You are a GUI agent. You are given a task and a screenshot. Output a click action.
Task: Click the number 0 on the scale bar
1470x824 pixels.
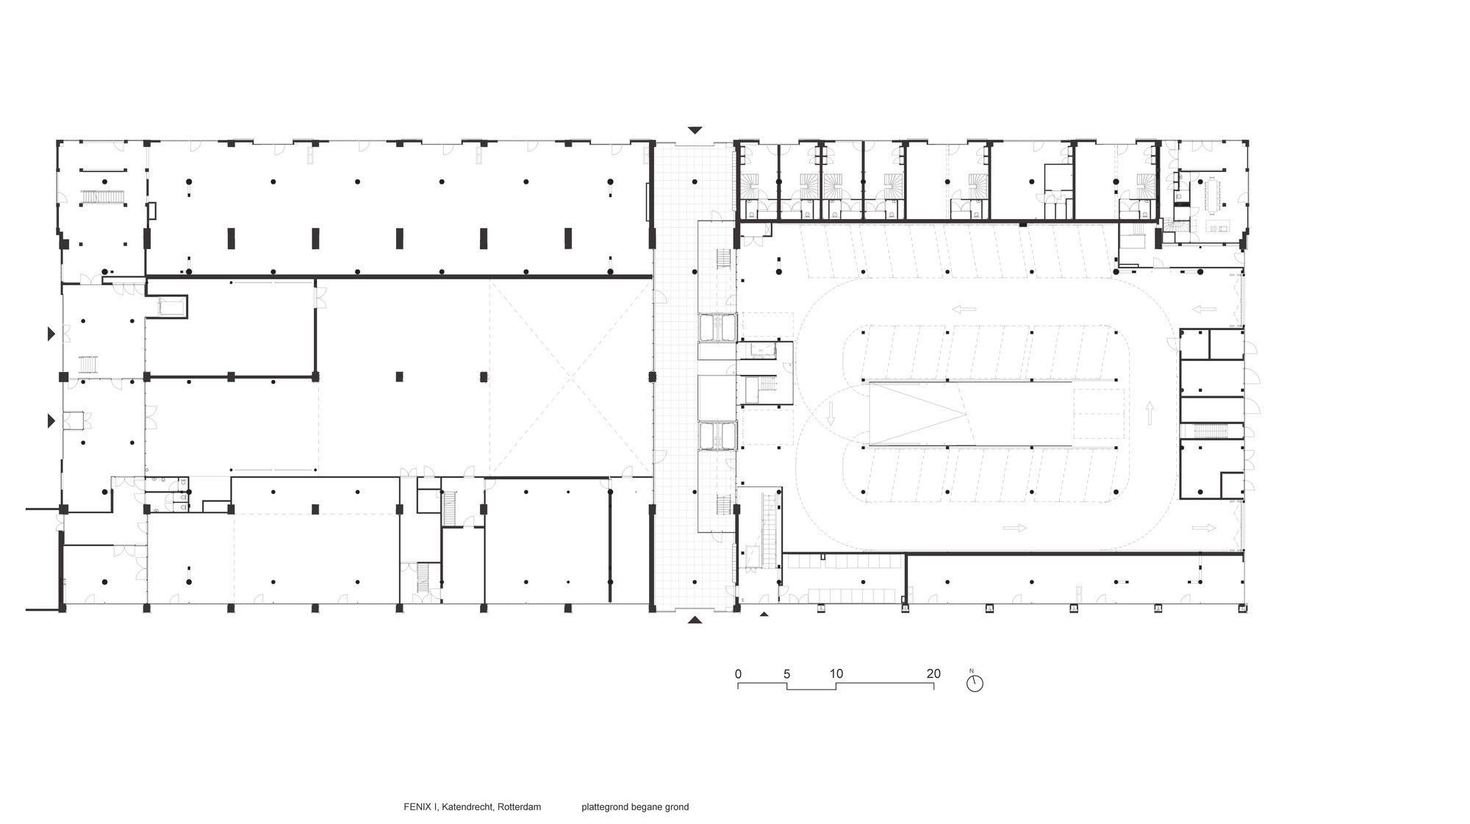[x=738, y=674]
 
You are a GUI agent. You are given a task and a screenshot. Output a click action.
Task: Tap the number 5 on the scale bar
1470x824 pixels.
[x=786, y=674]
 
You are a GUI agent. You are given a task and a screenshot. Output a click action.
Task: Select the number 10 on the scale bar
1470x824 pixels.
[x=836, y=674]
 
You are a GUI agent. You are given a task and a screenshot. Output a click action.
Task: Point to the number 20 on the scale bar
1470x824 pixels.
[x=933, y=674]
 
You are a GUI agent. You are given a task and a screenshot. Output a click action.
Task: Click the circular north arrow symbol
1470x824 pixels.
[x=975, y=683]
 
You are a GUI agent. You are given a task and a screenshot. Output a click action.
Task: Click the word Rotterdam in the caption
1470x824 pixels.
[x=519, y=807]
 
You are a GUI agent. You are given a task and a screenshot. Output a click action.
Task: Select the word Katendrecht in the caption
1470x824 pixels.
[x=467, y=807]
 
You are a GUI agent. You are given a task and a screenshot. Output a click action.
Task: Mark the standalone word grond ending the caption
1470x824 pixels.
[x=678, y=807]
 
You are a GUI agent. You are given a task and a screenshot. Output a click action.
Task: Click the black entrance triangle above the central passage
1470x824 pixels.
[x=695, y=130]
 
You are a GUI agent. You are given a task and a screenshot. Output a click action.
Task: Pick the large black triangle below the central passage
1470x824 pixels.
[x=695, y=620]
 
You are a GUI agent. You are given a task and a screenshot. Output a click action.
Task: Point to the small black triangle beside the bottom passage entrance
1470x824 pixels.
[x=764, y=614]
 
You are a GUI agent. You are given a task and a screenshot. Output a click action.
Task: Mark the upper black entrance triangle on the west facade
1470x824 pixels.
[x=51, y=334]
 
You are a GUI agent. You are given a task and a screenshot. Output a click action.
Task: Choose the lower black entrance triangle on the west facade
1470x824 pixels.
[x=51, y=421]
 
